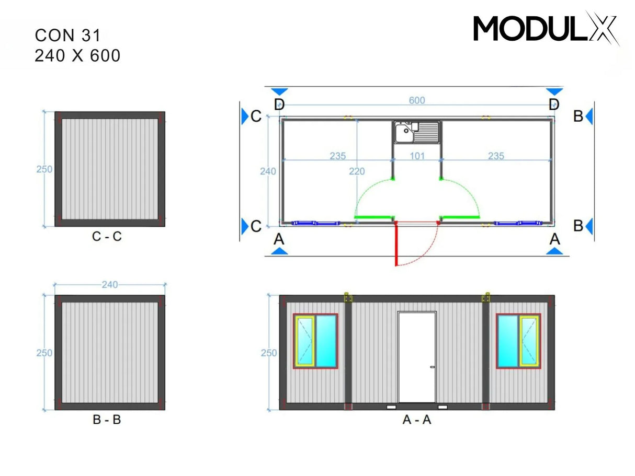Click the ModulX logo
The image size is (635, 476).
point(546,28)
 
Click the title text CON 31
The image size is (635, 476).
point(67,35)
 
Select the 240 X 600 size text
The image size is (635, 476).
point(77,55)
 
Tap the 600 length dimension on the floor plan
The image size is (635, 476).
point(417,100)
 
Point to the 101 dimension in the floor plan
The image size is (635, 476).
point(417,156)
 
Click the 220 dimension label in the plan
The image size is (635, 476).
point(357,171)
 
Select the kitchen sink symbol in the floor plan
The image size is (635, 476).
point(417,132)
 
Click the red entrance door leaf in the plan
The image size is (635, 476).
point(396,243)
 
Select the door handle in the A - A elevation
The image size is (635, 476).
point(432,367)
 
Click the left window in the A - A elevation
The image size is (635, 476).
point(315,341)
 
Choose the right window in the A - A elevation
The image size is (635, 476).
point(518,341)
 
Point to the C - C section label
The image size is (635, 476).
point(107,237)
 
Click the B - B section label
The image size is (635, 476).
point(107,420)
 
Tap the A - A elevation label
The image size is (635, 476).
point(417,420)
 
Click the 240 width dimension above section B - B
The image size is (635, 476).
point(110,285)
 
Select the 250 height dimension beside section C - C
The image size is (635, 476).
point(44,169)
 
